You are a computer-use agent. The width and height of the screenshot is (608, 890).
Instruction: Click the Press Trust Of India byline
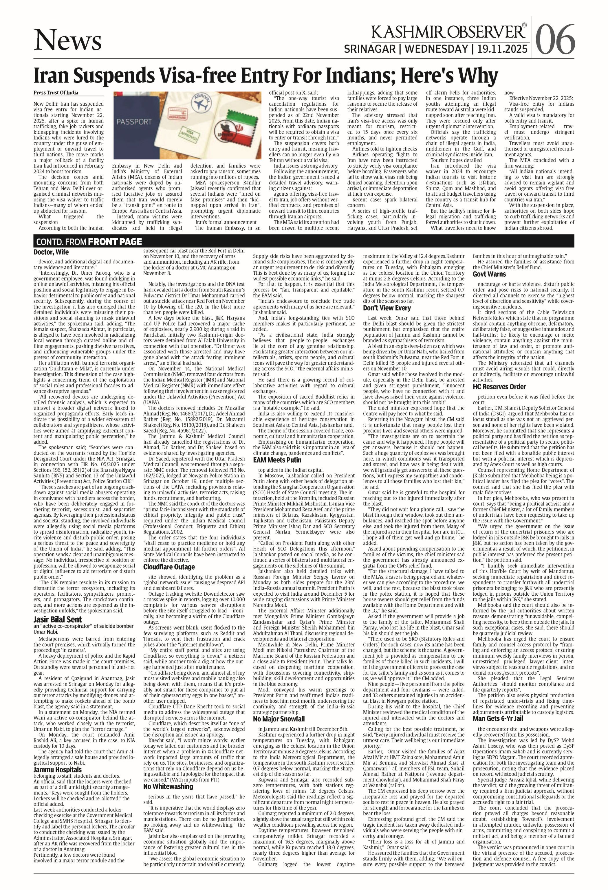56,93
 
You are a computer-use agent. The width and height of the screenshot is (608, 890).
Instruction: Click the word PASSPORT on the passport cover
134,122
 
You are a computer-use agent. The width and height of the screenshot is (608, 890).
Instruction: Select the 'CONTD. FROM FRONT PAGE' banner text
89,242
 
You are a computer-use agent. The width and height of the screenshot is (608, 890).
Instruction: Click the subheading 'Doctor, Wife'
51,252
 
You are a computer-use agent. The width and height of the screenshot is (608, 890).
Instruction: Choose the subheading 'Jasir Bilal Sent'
57,619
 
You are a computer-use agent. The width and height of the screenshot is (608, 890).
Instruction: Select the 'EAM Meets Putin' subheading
277,460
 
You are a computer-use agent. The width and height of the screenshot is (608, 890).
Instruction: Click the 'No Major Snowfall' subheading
279,719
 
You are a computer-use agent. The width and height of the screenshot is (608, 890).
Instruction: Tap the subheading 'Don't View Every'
387,308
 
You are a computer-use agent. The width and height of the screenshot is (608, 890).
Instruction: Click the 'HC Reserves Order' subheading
499,387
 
